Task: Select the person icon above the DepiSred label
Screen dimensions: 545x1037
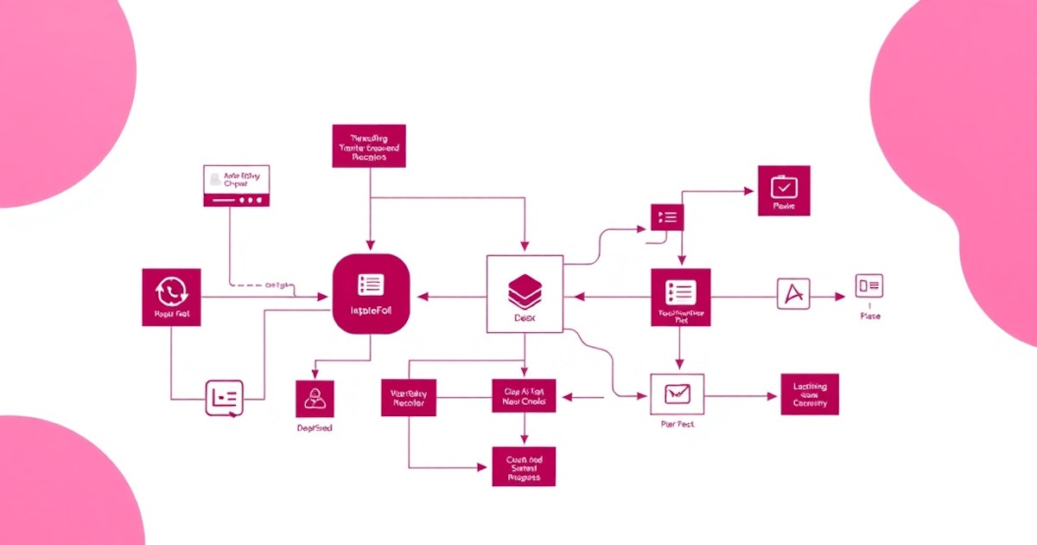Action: click(x=314, y=398)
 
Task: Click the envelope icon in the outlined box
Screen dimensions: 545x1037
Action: click(x=677, y=394)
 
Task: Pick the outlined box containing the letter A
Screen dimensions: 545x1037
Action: click(x=793, y=296)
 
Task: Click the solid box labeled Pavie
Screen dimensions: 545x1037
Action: click(x=784, y=191)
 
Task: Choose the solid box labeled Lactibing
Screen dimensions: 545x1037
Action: click(x=809, y=394)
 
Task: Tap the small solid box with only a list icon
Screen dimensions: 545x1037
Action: click(x=667, y=216)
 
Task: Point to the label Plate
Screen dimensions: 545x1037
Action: click(x=870, y=316)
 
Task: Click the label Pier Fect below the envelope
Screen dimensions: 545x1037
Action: click(x=677, y=424)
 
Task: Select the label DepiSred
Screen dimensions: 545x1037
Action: click(x=314, y=427)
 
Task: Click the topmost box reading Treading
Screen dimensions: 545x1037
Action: click(x=369, y=148)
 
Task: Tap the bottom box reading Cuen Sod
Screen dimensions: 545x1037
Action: click(x=525, y=466)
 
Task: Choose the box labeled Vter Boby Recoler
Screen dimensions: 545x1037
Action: click(x=409, y=398)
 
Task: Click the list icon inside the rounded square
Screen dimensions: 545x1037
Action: click(x=370, y=285)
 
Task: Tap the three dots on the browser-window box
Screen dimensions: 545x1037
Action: click(x=249, y=200)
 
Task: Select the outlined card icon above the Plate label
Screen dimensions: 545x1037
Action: click(x=869, y=285)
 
